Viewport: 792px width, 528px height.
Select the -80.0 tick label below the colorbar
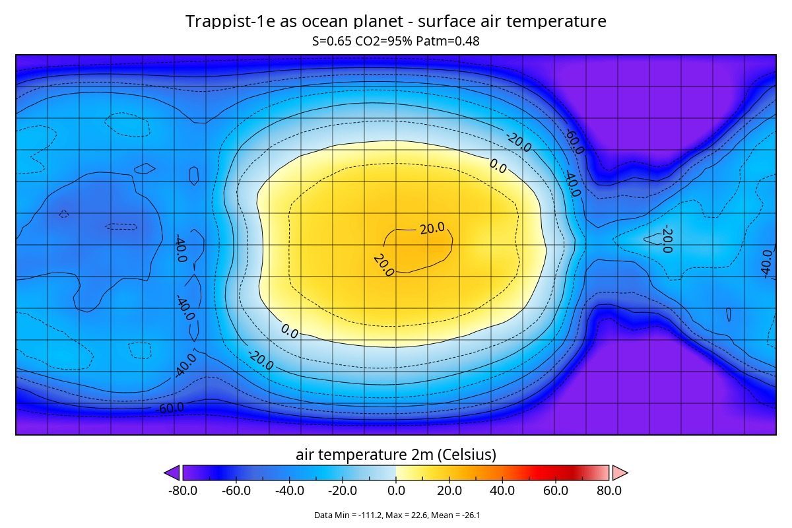coord(183,490)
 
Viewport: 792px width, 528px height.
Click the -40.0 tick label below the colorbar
coord(289,490)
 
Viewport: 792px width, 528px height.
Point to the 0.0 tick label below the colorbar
coord(396,490)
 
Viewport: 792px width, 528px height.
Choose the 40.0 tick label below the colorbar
coord(502,490)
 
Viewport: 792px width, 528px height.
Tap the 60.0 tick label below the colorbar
coord(556,490)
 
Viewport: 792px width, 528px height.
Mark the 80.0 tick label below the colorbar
coord(609,490)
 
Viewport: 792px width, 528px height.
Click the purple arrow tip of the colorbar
coord(172,473)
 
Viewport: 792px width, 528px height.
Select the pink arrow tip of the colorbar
coord(620,473)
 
